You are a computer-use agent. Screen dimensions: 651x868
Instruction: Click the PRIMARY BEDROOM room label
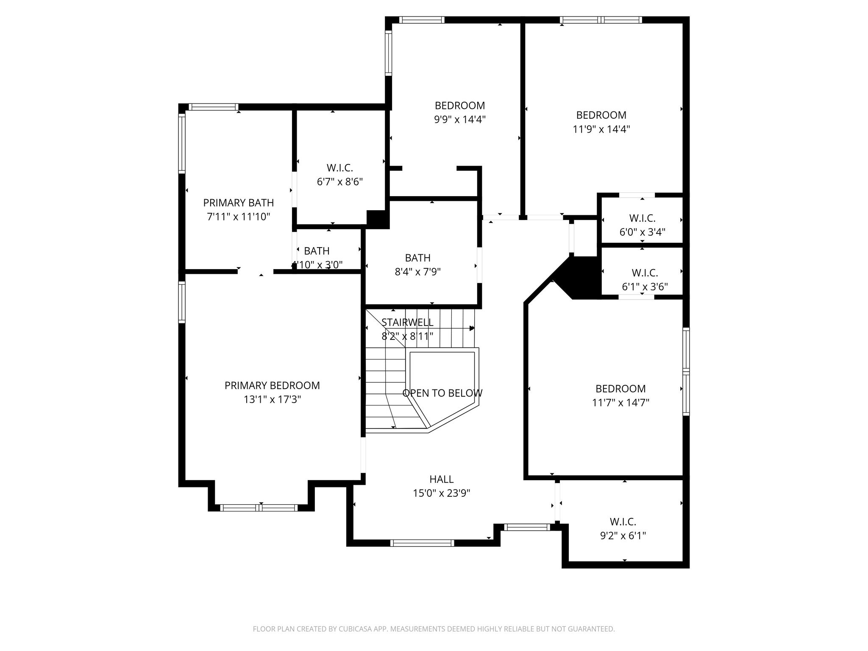click(x=272, y=385)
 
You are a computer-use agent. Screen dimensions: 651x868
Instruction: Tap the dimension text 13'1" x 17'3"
click(x=272, y=399)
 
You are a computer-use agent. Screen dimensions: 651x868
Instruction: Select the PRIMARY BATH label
click(x=238, y=203)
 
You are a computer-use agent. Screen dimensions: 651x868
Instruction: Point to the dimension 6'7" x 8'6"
click(x=339, y=182)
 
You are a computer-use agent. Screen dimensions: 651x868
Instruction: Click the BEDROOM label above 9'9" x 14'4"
click(x=459, y=106)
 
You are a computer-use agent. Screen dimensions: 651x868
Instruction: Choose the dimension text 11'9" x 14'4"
click(x=601, y=129)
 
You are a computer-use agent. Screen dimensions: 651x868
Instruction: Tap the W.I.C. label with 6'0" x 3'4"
click(x=642, y=218)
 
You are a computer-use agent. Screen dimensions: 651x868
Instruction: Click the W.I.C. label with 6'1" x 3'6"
click(x=645, y=273)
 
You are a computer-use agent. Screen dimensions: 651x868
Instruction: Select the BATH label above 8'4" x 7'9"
click(x=417, y=258)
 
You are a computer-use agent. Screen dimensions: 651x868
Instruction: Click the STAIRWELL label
click(x=407, y=322)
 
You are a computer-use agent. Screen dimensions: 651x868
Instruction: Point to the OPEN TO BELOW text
click(x=442, y=393)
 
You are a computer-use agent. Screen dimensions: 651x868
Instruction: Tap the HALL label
click(x=441, y=479)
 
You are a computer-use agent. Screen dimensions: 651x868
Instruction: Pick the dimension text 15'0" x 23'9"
click(x=441, y=493)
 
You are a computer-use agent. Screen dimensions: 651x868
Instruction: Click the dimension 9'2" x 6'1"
click(x=623, y=536)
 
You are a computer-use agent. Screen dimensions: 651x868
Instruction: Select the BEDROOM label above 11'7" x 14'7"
click(x=620, y=389)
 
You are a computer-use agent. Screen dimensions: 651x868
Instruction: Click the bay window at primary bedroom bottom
click(x=259, y=508)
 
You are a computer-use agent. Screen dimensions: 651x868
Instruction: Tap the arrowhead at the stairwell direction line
click(x=472, y=328)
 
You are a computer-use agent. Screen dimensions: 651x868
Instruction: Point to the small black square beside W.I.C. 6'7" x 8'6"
click(x=377, y=219)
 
